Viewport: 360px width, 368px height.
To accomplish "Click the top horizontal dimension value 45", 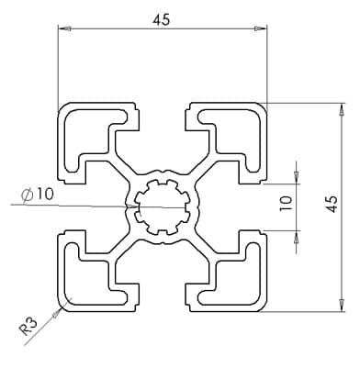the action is tap(162, 20).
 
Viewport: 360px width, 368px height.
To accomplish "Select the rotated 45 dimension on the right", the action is tap(332, 204).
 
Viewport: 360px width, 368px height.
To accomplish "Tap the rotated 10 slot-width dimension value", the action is tap(286, 204).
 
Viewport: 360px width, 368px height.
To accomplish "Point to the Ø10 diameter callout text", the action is tap(38, 195).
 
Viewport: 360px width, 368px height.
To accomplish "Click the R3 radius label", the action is tap(28, 327).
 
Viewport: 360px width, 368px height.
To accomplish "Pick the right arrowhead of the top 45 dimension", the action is tap(260, 28).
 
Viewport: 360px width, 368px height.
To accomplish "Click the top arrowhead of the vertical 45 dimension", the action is tap(341, 109).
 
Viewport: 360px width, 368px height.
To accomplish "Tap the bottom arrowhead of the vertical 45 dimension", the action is tap(341, 306).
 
